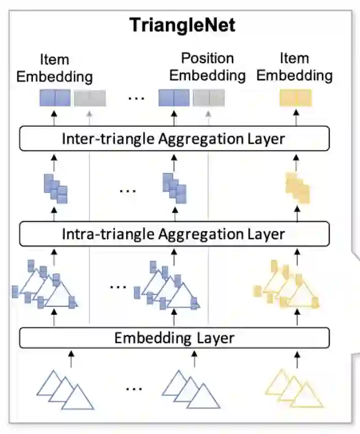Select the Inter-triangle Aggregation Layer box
[x=174, y=139]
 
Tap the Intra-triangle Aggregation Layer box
[x=174, y=233]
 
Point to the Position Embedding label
[x=207, y=66]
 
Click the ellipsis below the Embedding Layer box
[x=134, y=389]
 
